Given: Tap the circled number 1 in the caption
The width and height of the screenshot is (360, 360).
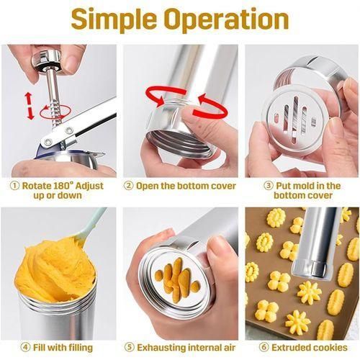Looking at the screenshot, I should coord(15,185).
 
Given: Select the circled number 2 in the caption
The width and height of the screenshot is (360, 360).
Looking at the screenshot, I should coord(130,185).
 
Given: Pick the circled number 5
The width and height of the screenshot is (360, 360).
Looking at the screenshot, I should coord(130,348).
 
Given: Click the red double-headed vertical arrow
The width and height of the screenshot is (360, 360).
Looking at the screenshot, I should coord(30,104).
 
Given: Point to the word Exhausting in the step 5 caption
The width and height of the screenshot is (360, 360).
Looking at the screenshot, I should coord(163,348).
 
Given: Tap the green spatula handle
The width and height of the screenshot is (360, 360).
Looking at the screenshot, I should coord(94,220).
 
